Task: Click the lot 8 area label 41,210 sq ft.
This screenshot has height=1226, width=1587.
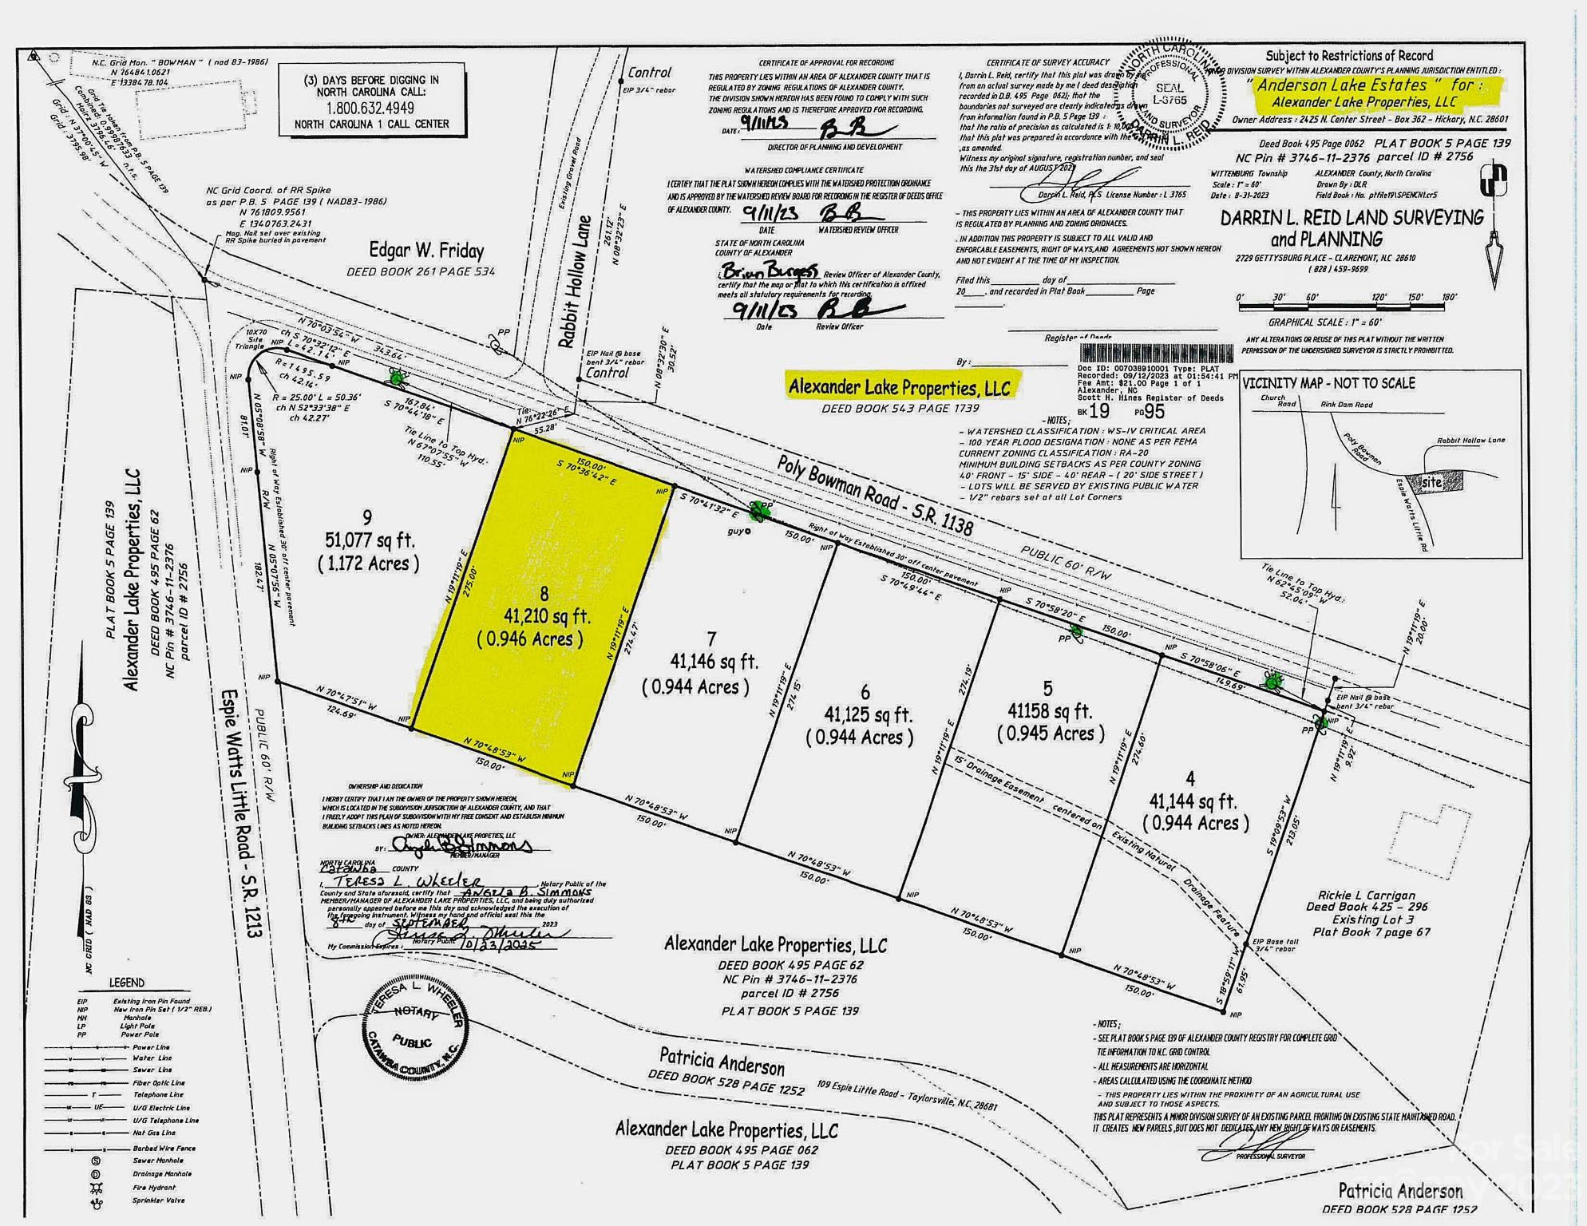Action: [x=547, y=616]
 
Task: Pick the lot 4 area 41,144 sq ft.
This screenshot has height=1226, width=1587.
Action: [x=1193, y=801]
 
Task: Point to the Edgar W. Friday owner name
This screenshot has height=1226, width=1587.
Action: [x=426, y=251]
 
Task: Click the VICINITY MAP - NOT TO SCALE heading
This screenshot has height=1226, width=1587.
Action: [x=1328, y=383]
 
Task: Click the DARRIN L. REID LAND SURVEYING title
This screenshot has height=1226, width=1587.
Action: [x=1352, y=218]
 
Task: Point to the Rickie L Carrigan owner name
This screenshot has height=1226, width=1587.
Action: [x=1367, y=896]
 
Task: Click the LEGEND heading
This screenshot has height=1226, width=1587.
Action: [x=127, y=983]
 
